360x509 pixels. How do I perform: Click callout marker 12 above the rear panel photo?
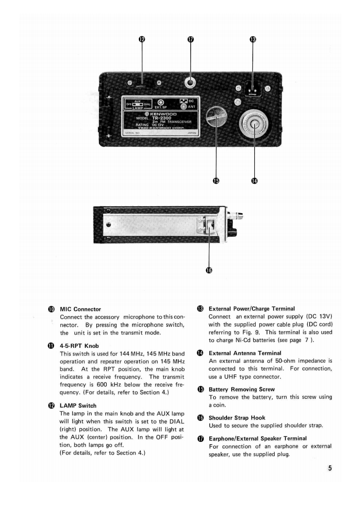coord(142,40)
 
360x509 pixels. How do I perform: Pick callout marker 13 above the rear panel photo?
coord(253,40)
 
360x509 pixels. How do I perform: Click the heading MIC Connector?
coord(80,309)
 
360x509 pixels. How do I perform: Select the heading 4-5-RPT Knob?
coord(79,346)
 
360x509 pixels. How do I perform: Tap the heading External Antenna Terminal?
coord(245,352)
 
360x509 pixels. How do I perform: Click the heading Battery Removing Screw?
coord(242,389)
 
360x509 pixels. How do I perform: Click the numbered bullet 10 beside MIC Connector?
coord(51,309)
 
